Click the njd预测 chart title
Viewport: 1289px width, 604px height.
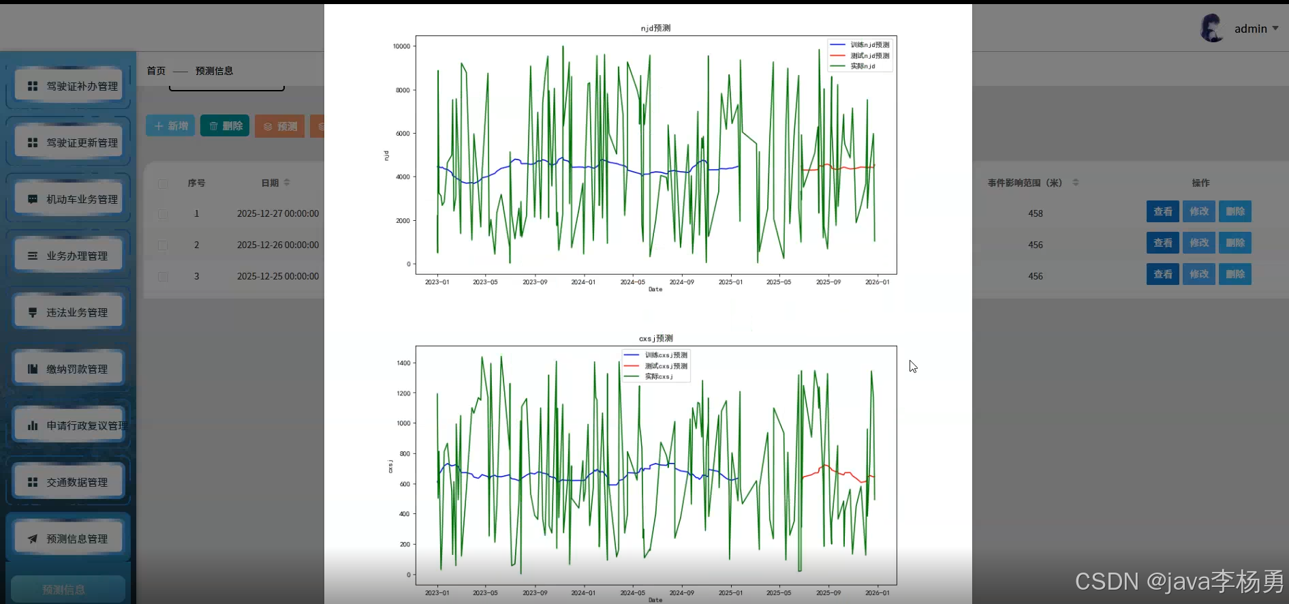(x=655, y=28)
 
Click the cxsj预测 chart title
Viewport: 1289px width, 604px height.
(x=655, y=338)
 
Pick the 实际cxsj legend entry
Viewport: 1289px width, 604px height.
(x=658, y=376)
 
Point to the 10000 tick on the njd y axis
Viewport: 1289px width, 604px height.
(x=401, y=46)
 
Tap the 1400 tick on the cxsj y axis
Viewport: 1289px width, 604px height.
(x=403, y=363)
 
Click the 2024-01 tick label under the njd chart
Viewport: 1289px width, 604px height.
(x=583, y=282)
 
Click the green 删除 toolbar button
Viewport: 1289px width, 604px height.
(x=225, y=126)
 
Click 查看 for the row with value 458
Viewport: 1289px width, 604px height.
(x=1162, y=211)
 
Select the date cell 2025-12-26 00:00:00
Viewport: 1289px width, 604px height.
(x=278, y=245)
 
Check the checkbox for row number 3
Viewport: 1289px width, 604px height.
(x=163, y=276)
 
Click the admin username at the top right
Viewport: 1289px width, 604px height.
(x=1250, y=29)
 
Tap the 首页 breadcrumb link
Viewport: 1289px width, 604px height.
(x=156, y=71)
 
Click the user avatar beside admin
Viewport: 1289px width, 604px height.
(x=1211, y=29)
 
